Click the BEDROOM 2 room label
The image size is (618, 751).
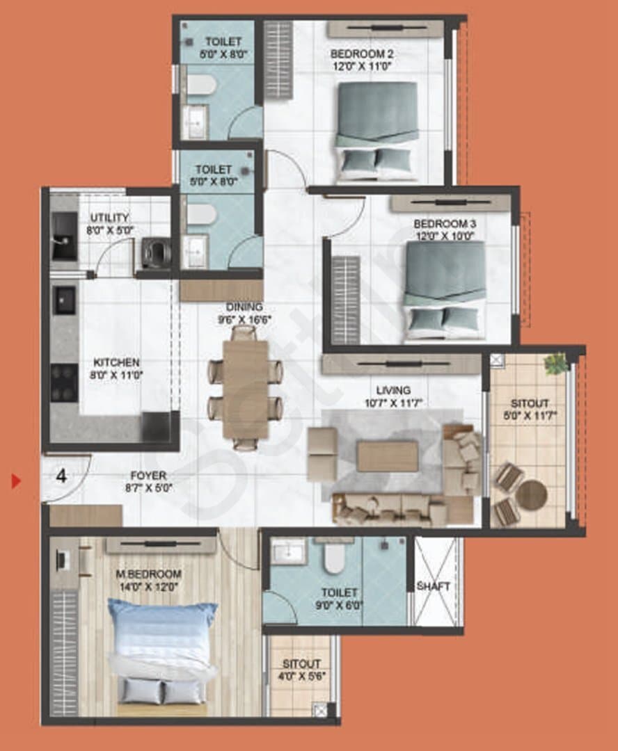click(x=362, y=54)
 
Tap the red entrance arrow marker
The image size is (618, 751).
click(x=17, y=481)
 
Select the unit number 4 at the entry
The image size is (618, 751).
click(x=61, y=476)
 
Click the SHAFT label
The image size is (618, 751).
click(x=434, y=586)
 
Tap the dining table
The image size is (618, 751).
click(x=246, y=389)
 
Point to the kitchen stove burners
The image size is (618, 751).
click(x=64, y=382)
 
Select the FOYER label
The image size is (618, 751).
click(x=149, y=476)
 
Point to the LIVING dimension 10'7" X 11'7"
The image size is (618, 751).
click(x=393, y=403)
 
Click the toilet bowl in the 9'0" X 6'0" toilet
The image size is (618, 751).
click(x=334, y=556)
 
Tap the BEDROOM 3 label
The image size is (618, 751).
click(x=445, y=224)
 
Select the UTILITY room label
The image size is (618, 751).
click(x=110, y=218)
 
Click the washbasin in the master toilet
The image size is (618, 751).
click(x=288, y=552)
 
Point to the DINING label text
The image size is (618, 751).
click(x=244, y=307)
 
